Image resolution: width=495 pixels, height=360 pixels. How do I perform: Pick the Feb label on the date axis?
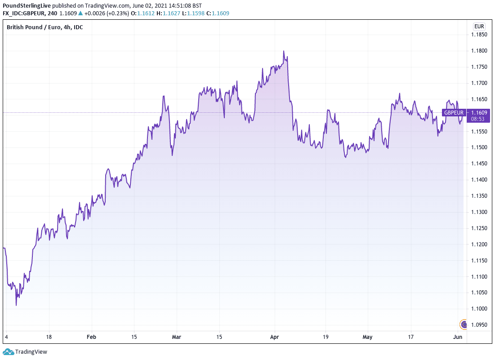tap(91, 337)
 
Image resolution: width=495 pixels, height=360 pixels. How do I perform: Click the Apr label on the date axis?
tap(275, 337)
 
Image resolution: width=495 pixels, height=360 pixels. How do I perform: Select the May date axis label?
tap(368, 337)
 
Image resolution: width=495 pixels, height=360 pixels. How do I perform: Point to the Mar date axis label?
tap(177, 337)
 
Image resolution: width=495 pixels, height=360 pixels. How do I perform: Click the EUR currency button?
tap(478, 27)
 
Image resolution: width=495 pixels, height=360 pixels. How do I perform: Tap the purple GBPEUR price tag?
tap(454, 112)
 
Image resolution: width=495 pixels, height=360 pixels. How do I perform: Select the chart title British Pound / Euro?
tap(45, 27)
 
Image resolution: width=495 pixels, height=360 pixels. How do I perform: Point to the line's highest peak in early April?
tap(284, 51)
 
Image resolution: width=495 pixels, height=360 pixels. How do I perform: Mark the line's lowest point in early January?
tap(16, 305)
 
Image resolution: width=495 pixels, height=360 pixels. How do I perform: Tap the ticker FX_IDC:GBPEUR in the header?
tap(24, 13)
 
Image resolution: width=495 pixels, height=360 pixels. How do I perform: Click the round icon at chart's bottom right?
tap(464, 324)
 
